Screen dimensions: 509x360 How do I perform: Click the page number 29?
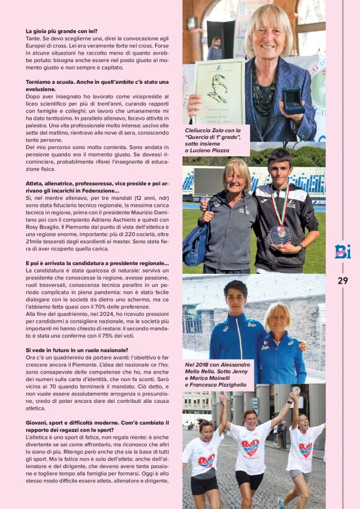pos(343,281)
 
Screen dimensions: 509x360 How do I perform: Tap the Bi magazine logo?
pos(343,250)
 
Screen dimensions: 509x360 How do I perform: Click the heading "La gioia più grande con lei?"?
pos(61,31)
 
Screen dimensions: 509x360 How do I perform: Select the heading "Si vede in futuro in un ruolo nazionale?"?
pos(76,350)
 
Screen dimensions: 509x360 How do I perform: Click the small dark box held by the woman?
pos(292,99)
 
